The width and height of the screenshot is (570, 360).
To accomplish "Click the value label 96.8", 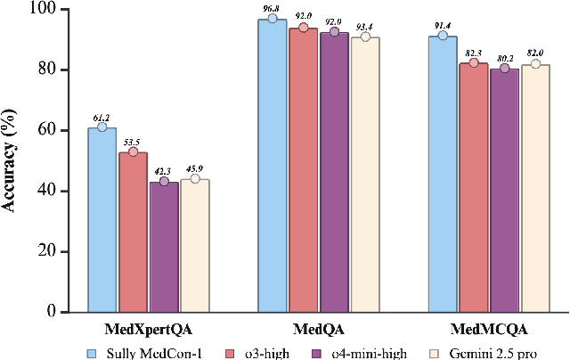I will (x=273, y=7).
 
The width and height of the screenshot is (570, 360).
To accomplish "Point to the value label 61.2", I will (x=102, y=117).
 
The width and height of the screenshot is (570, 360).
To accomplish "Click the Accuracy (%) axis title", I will (x=11, y=160).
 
